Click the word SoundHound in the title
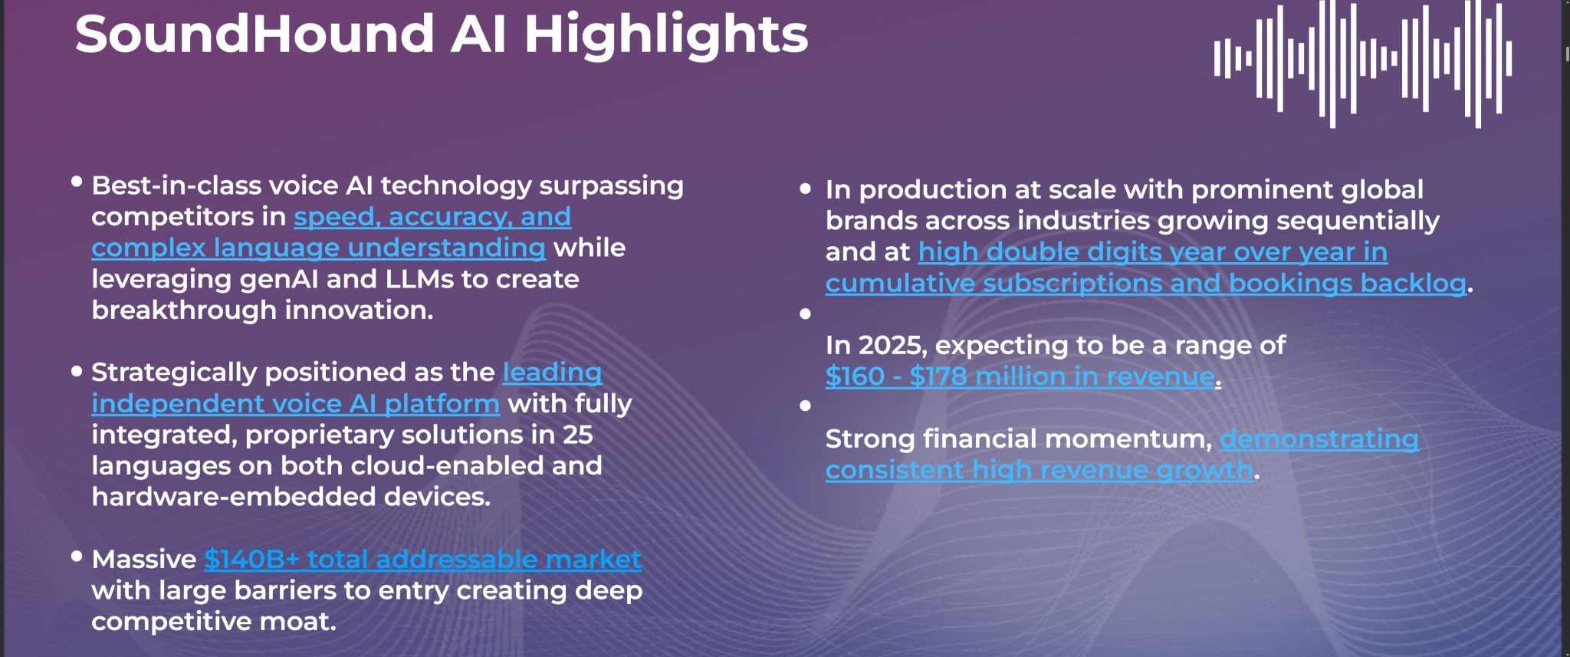[255, 34]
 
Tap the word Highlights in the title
[666, 35]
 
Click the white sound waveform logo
[1363, 64]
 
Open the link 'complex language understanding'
[318, 248]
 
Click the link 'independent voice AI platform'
[295, 403]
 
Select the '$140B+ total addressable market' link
[422, 559]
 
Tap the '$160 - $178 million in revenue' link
[1020, 376]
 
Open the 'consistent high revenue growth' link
[1040, 470]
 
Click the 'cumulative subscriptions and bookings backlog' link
[1146, 283]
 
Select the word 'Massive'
[144, 559]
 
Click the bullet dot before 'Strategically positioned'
[77, 372]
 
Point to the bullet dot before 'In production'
[805, 189]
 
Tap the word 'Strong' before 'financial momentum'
[870, 439]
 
